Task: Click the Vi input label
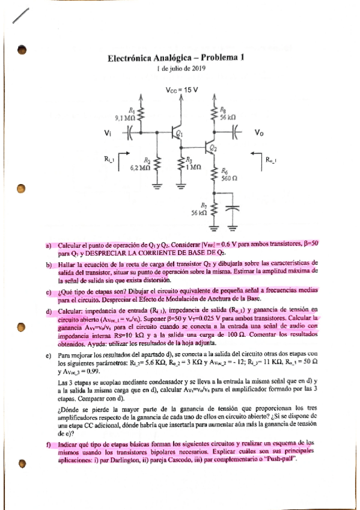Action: tap(108, 133)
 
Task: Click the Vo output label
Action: tap(259, 133)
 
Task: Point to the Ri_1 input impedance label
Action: tap(109, 159)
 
